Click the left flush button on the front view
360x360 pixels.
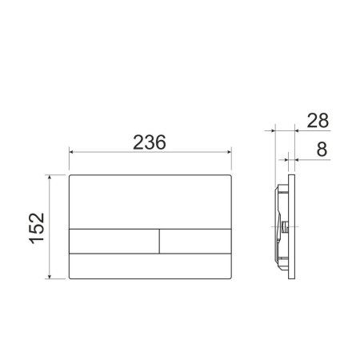tap(114, 240)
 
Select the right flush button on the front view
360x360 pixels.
tap(195, 240)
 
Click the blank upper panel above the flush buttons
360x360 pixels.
tap(150, 200)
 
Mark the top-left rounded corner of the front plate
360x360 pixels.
tap(73, 175)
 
